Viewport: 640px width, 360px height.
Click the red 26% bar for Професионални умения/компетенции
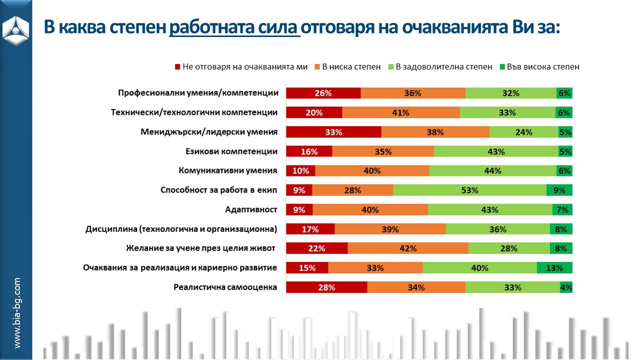click(x=323, y=93)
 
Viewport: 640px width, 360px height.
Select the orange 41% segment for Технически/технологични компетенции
click(x=401, y=112)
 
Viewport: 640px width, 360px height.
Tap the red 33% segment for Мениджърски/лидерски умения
click(x=333, y=132)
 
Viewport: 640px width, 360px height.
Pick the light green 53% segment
click(x=470, y=190)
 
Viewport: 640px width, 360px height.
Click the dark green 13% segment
click(x=554, y=267)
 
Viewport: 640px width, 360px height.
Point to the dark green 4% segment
click(x=566, y=287)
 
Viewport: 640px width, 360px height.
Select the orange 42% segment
click(x=408, y=248)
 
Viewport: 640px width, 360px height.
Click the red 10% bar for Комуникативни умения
click(x=300, y=170)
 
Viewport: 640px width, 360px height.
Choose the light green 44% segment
click(x=493, y=170)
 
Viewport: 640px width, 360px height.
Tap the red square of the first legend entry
click(x=177, y=67)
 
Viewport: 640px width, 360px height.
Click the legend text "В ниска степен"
click(x=351, y=67)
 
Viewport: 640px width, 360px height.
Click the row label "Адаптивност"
click(x=251, y=209)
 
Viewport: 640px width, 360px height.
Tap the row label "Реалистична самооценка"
click(x=225, y=287)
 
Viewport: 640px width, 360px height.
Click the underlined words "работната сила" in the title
click(x=235, y=26)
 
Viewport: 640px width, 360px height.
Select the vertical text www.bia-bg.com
click(x=17, y=312)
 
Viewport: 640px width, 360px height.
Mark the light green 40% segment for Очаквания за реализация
click(x=479, y=267)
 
